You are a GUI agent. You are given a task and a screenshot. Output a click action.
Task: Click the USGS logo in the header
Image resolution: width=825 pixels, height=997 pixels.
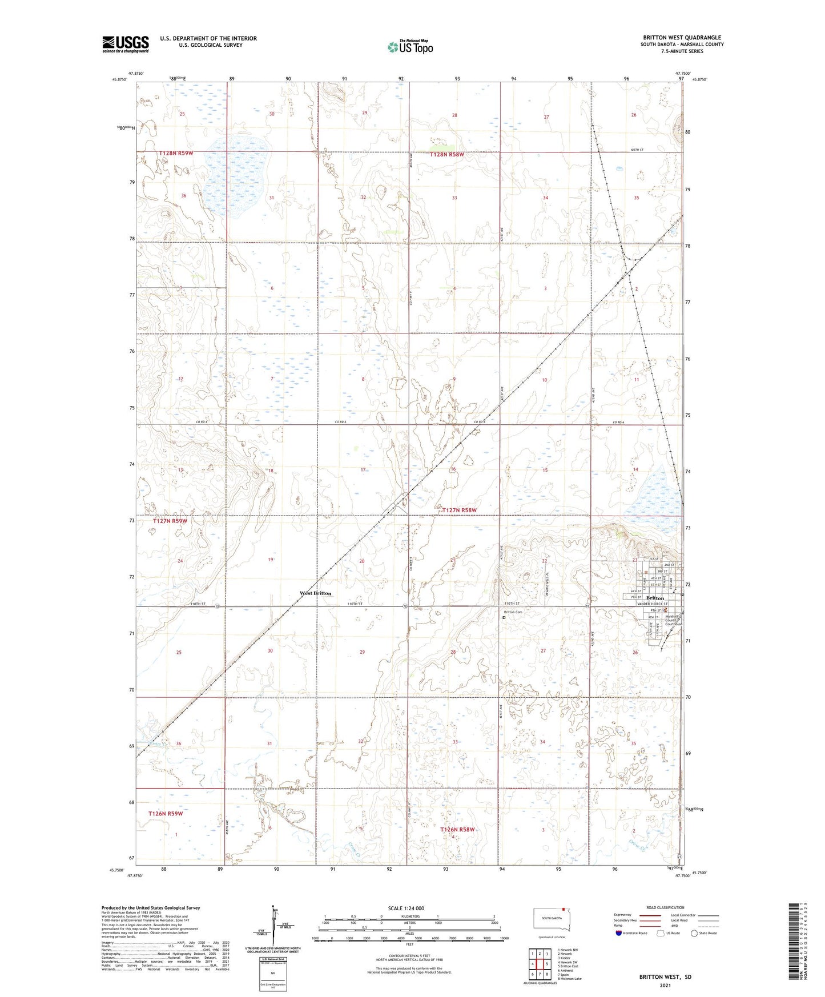[125, 44]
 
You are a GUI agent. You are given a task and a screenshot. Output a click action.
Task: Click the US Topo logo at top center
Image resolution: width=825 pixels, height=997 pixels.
[409, 47]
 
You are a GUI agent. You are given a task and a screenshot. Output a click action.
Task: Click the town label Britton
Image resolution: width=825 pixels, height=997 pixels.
[654, 598]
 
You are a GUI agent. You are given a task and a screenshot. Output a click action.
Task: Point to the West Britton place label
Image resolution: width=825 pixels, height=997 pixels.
[315, 593]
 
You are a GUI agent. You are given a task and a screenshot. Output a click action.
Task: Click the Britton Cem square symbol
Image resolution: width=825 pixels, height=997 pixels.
[504, 617]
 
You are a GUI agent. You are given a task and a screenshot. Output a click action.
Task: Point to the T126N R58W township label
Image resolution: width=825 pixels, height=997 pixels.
[457, 829]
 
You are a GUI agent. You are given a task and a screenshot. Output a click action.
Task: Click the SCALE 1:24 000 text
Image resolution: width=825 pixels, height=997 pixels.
[406, 908]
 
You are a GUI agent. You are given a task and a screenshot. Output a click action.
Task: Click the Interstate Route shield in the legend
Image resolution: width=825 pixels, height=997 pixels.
[619, 933]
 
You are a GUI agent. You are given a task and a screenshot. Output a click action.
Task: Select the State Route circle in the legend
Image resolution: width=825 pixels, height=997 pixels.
[694, 933]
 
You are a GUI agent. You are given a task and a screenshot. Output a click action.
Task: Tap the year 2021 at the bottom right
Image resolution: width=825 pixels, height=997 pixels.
[665, 986]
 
